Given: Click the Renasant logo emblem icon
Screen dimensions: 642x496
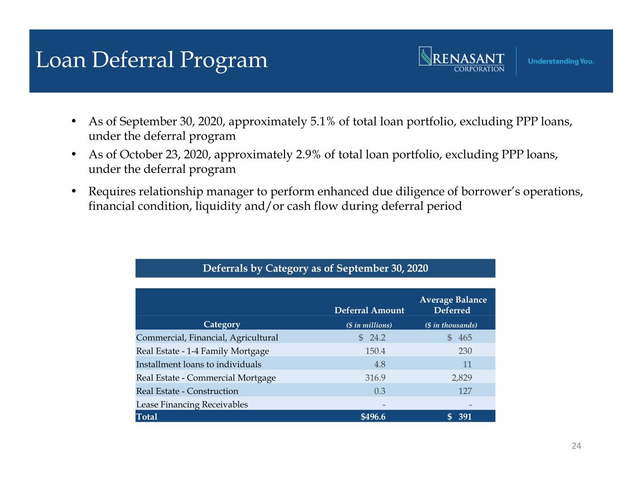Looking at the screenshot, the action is pos(425,56).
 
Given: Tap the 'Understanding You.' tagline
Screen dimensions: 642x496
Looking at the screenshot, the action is pos(561,62).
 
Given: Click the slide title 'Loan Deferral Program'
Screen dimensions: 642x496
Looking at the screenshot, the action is pos(151,60).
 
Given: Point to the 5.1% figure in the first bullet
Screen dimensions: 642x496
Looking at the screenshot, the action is pos(322,121).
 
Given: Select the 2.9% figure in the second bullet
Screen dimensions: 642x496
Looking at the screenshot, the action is pos(308,154).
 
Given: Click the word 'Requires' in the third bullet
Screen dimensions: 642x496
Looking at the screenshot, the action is pos(112,192).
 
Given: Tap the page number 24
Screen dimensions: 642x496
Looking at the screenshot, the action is pos(576,446).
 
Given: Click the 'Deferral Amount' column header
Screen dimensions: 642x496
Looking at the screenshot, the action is pos(369,310).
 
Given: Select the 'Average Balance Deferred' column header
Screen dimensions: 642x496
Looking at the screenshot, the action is pos(453,305).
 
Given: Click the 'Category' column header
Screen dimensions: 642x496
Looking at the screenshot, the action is pos(222,324).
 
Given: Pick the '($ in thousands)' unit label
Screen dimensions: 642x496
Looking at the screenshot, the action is pos(451,325).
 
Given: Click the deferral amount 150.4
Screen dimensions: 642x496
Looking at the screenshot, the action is pos(375,351).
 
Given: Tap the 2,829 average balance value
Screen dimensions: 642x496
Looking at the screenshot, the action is pos(461,378).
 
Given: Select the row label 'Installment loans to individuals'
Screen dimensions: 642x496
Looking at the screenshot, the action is pos(198,364).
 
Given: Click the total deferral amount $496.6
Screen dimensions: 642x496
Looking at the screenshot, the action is pos(373,417).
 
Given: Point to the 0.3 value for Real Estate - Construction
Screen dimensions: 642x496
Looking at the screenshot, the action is pos(380,391).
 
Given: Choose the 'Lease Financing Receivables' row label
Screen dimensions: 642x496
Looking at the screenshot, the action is pos(192,404).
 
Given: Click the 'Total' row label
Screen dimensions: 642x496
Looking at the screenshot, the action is pos(147,417).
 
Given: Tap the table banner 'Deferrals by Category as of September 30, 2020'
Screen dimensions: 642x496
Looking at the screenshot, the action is pos(315,268).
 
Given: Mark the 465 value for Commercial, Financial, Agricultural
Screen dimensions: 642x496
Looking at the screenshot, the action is pos(465,338).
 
